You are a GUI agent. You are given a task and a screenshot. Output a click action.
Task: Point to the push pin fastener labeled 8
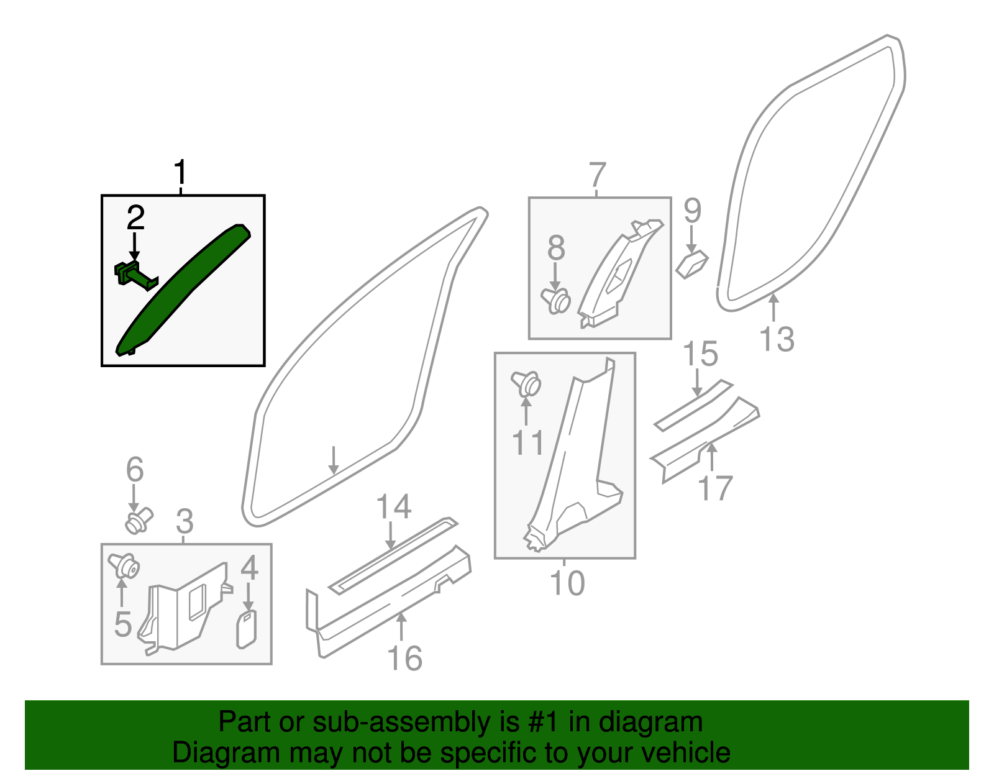pyautogui.click(x=557, y=301)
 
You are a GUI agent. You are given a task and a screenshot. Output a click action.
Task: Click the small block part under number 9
pyautogui.click(x=692, y=265)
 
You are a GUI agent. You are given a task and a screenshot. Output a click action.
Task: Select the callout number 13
pyautogui.click(x=777, y=339)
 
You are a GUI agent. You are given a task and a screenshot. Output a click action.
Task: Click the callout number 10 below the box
pyautogui.click(x=567, y=583)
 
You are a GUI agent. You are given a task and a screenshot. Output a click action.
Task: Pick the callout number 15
pyautogui.click(x=700, y=354)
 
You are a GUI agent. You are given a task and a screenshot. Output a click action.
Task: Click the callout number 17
pyautogui.click(x=716, y=488)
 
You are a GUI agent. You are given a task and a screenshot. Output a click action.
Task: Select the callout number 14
pyautogui.click(x=394, y=507)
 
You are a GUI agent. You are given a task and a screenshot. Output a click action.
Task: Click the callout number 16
pyautogui.click(x=404, y=658)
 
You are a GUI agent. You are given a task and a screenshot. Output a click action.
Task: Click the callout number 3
pyautogui.click(x=185, y=521)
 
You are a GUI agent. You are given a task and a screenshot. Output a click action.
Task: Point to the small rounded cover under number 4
pyautogui.click(x=247, y=629)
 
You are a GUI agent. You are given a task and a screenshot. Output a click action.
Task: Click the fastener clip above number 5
pyautogui.click(x=124, y=566)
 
